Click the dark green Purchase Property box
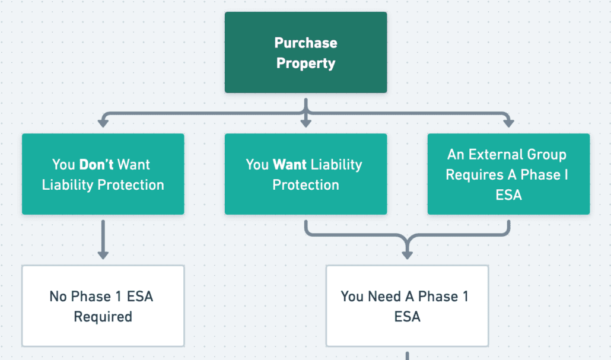tap(306, 53)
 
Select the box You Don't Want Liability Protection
tap(103, 174)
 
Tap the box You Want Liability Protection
tap(306, 174)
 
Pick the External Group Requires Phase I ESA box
tap(508, 174)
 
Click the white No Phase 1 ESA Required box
tap(103, 306)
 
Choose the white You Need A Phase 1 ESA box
tap(407, 306)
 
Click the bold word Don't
tap(96, 164)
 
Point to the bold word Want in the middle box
tap(290, 164)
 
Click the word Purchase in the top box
tap(306, 43)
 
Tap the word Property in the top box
tap(306, 63)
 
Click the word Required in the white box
tap(103, 316)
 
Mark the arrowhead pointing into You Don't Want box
tap(103, 123)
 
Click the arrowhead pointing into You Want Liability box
tap(306, 123)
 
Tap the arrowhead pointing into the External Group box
tap(508, 123)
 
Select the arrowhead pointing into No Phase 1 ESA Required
tap(103, 255)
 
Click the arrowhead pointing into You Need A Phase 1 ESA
tap(407, 255)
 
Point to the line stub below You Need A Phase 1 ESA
tap(407, 356)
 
